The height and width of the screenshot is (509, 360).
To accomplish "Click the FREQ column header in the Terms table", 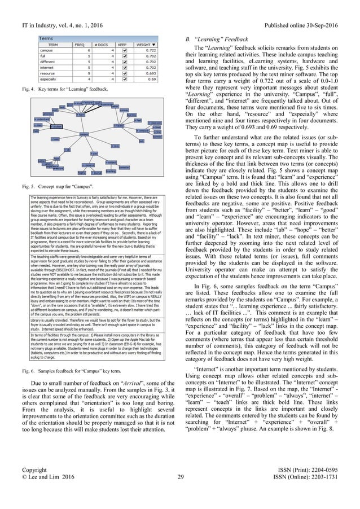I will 81,44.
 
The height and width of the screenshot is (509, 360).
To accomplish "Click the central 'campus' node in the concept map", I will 84,134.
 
